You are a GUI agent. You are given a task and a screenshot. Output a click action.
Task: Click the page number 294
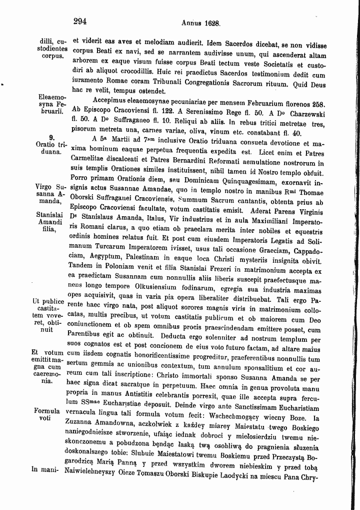point(80,22)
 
